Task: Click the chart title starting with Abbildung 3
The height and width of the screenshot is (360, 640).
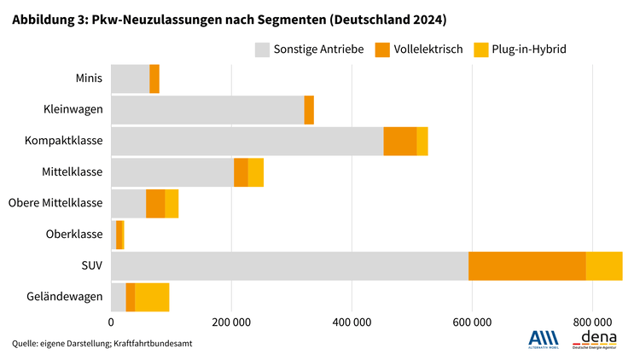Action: [229, 18]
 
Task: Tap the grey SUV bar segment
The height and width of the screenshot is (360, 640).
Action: [289, 266]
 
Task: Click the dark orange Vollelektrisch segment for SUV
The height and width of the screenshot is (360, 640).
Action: [527, 266]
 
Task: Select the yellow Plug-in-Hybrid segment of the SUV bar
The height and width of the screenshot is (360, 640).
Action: [603, 266]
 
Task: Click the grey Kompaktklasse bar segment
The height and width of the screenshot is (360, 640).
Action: [247, 141]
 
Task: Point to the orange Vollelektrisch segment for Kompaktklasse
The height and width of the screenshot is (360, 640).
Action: [399, 141]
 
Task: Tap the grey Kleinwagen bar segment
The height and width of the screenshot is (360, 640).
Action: [207, 110]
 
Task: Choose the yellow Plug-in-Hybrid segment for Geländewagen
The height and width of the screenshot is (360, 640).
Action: [152, 297]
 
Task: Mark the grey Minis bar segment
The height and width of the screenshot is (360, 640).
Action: [130, 78]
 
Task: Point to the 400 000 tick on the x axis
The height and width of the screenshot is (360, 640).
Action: [352, 322]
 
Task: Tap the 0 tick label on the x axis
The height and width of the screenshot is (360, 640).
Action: [111, 322]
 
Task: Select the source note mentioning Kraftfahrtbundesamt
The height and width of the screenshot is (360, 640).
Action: [102, 343]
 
